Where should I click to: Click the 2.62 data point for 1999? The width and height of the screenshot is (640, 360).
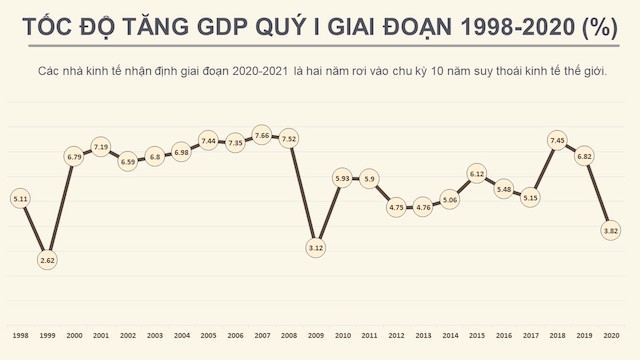click(46, 260)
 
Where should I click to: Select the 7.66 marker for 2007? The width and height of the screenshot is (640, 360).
click(263, 135)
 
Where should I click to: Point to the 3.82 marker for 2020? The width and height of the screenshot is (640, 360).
click(612, 231)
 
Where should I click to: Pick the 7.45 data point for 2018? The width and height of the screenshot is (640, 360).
click(558, 140)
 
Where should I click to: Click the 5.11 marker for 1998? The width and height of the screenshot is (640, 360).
click(20, 198)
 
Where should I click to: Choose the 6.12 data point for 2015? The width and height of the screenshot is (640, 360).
click(477, 174)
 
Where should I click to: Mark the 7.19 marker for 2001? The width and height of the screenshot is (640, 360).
click(100, 147)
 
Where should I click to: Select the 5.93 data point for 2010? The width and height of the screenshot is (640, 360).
click(343, 178)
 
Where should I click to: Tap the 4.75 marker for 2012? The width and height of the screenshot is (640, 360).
click(396, 207)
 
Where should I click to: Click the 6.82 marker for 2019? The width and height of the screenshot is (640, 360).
click(585, 156)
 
